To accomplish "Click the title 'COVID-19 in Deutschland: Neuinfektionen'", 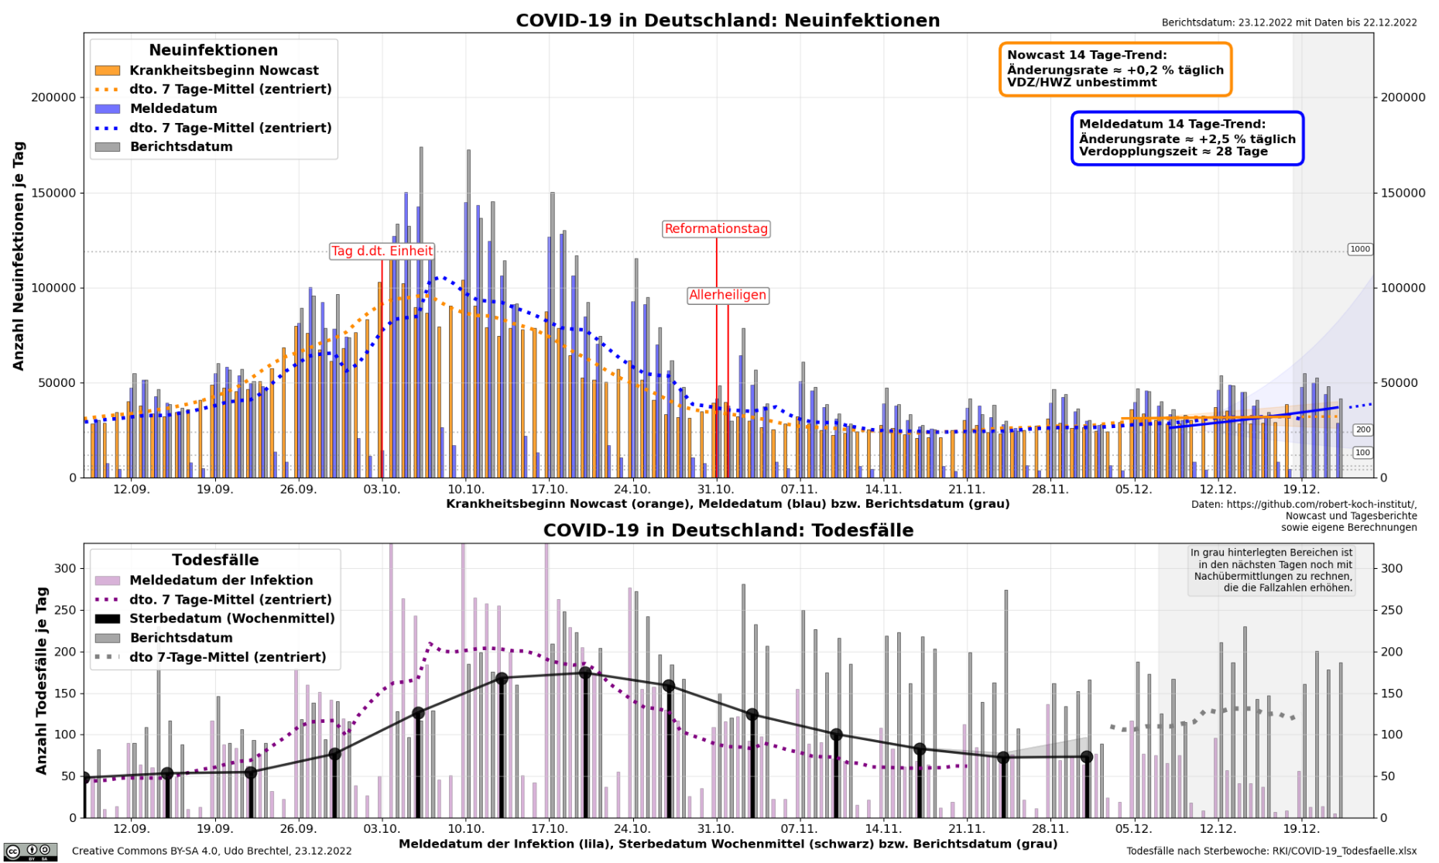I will (728, 21).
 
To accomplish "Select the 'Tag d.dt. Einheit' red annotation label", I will (382, 251).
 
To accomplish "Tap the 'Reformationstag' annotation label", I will (716, 228).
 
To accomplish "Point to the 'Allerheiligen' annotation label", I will (728, 295).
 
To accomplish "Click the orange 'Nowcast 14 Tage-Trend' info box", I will (1115, 69).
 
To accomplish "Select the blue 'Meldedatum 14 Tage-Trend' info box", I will (1187, 138).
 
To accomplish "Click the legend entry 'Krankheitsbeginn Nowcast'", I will (224, 70).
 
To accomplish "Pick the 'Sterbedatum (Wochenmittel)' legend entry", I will (231, 618).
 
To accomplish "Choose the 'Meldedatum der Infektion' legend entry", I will (221, 580).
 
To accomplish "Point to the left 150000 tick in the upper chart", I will (53, 193).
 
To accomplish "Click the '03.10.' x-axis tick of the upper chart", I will (382, 489).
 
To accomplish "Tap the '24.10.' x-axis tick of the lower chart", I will (632, 829).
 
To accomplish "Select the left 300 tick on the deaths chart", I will (65, 568).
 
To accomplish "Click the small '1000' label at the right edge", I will (1359, 249).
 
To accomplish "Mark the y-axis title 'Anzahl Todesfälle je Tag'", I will (42, 680).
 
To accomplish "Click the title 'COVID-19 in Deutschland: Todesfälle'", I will (728, 530).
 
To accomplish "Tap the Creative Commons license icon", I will (30, 851).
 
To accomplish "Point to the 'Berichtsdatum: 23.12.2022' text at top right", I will (1289, 22).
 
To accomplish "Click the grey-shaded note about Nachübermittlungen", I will (1271, 570).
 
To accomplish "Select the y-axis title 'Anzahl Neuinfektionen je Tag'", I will (19, 255).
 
